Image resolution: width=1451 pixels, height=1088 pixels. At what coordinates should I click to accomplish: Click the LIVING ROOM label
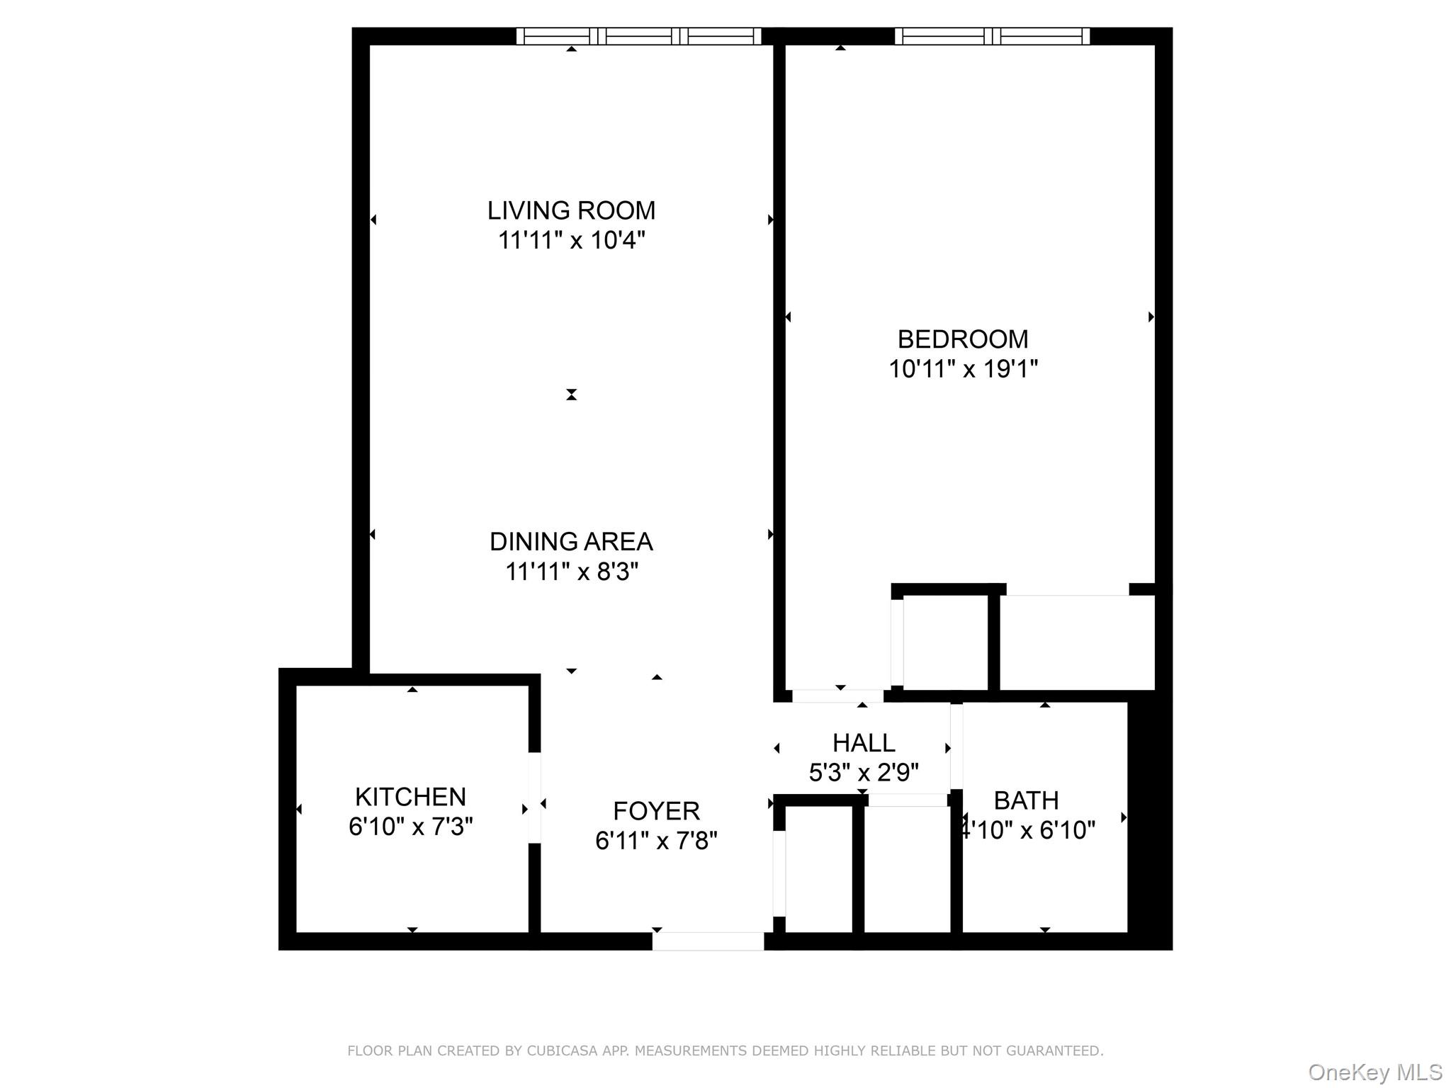click(571, 210)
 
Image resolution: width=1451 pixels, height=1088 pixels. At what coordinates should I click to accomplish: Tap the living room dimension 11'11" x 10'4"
click(571, 241)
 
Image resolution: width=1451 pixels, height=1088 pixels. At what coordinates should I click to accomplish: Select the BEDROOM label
click(963, 339)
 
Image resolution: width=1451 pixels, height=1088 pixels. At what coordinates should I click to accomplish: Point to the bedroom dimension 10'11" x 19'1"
click(963, 369)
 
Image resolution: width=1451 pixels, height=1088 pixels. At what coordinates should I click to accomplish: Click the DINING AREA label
click(571, 542)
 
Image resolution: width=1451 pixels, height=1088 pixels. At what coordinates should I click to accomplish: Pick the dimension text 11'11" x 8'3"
click(571, 572)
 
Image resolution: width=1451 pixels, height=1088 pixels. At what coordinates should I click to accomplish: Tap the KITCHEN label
click(410, 797)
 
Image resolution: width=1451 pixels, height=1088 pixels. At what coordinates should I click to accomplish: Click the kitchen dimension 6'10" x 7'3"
click(410, 827)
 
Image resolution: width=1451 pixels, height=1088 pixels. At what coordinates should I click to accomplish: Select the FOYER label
click(656, 810)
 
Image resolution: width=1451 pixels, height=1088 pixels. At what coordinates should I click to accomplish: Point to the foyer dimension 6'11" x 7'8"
click(656, 841)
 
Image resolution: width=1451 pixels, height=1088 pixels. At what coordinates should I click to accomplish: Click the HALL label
click(864, 742)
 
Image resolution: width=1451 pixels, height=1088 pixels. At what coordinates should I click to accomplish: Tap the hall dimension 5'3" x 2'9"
click(864, 772)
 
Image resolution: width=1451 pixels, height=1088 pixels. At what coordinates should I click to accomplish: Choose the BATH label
click(1026, 800)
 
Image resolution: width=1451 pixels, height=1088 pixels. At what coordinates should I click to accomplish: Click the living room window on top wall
click(638, 36)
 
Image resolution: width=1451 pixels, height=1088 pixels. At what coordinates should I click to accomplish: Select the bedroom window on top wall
click(992, 36)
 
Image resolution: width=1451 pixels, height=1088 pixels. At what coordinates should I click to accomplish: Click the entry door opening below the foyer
click(708, 941)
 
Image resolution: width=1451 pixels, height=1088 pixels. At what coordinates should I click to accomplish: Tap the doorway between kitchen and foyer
click(535, 798)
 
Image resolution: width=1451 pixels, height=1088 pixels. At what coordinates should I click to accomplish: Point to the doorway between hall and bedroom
click(838, 696)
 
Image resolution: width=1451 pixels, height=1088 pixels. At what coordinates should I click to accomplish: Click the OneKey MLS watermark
click(1374, 1072)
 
